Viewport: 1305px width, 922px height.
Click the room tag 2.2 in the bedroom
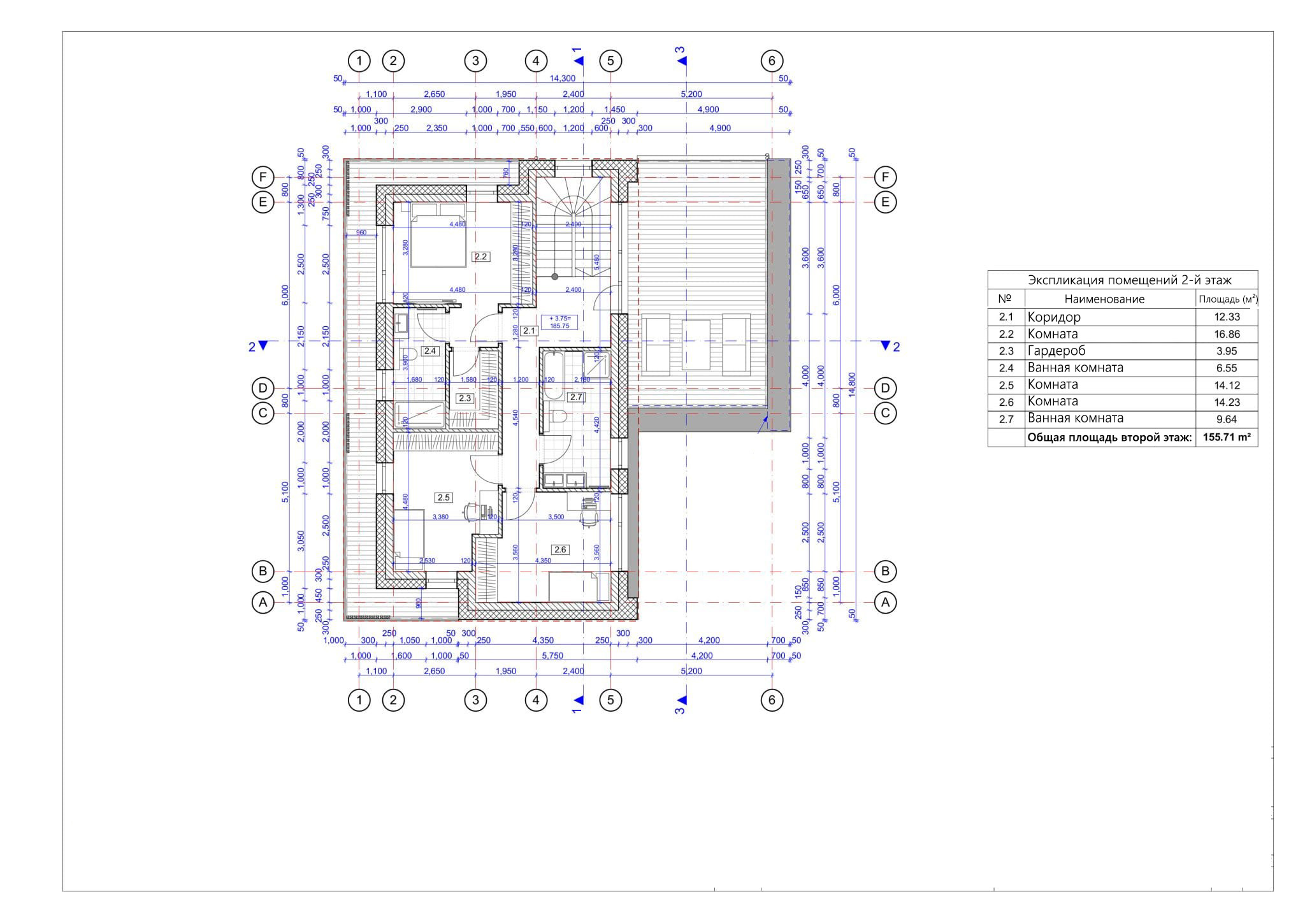pyautogui.click(x=480, y=257)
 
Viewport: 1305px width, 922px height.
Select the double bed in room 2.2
pyautogui.click(x=438, y=236)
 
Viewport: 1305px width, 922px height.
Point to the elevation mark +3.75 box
pyautogui.click(x=559, y=322)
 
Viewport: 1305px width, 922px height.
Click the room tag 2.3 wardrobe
pyautogui.click(x=465, y=398)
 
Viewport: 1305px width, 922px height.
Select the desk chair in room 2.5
pyautogui.click(x=470, y=512)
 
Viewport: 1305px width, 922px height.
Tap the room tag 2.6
pyautogui.click(x=560, y=549)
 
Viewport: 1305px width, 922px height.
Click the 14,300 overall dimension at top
pyautogui.click(x=562, y=78)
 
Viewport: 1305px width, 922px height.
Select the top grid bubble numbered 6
pyautogui.click(x=772, y=61)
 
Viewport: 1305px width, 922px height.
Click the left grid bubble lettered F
pyautogui.click(x=263, y=177)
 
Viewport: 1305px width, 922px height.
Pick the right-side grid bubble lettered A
pyautogui.click(x=884, y=602)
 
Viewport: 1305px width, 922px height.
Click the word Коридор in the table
pyautogui.click(x=1054, y=317)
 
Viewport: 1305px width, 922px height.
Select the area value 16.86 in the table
pyautogui.click(x=1227, y=334)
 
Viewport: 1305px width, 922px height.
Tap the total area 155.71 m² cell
pyautogui.click(x=1226, y=438)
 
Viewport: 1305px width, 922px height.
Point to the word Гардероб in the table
pyautogui.click(x=1056, y=351)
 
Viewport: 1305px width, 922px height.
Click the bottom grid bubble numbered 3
pyautogui.click(x=475, y=700)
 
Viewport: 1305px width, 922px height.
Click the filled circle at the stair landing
pyautogui.click(x=555, y=277)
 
